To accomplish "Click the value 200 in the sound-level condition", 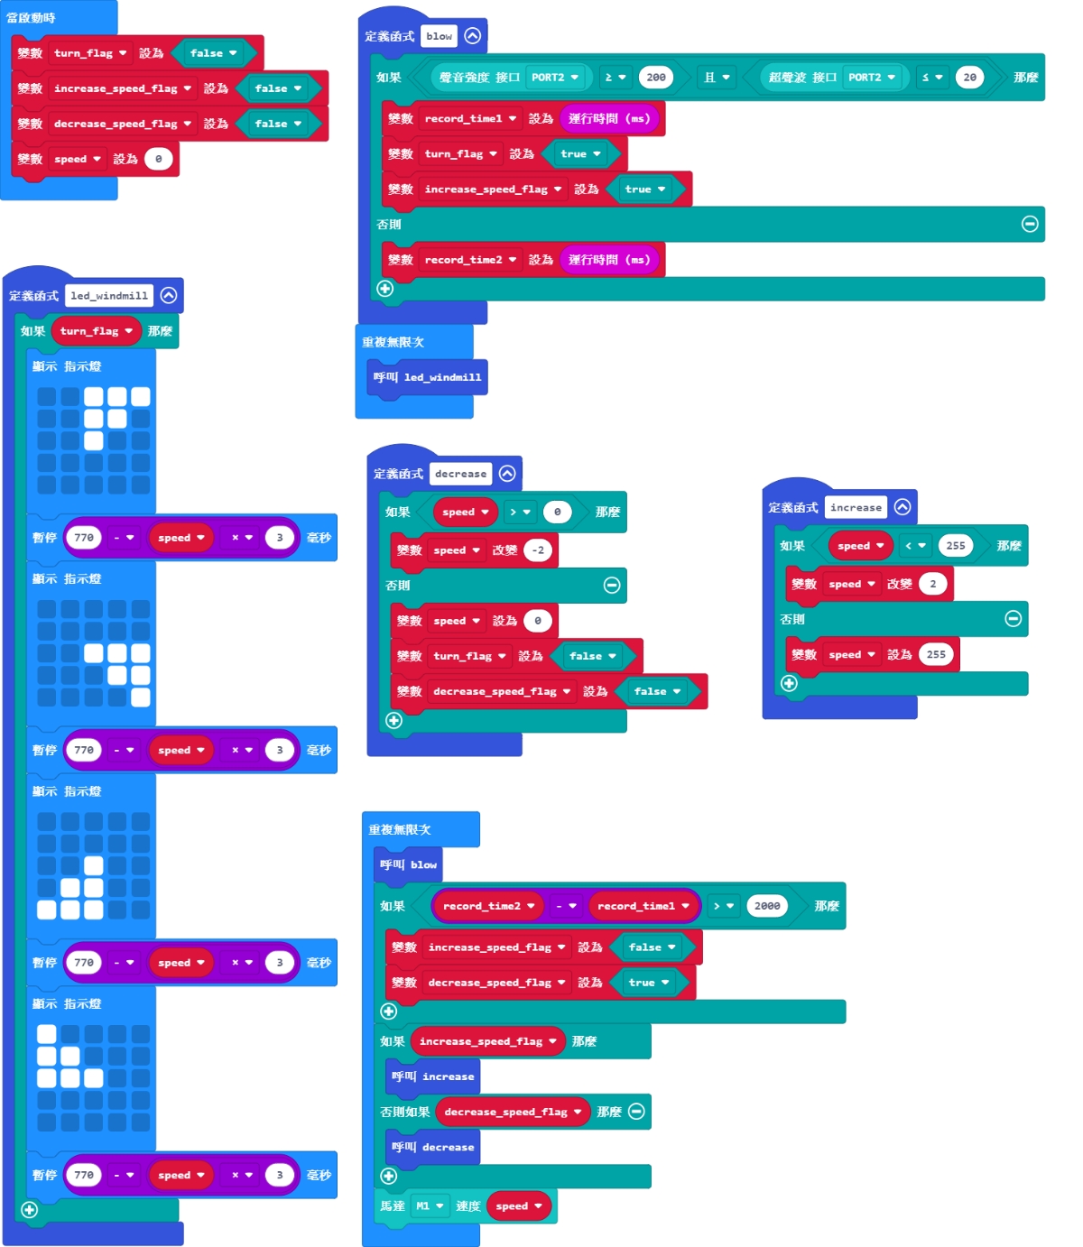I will [656, 78].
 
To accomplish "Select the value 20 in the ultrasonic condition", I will [969, 78].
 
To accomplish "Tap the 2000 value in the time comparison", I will [767, 906].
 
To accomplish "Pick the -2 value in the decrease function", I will [538, 550].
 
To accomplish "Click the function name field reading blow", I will [440, 36].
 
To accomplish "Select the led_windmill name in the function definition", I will [109, 295].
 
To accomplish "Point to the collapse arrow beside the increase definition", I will [902, 507].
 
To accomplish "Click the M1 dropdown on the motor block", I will [430, 1205].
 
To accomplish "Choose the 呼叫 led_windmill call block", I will [428, 377].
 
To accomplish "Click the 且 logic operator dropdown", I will [717, 78].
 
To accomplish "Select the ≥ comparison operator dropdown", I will [615, 78].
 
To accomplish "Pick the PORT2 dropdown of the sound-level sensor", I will [554, 78].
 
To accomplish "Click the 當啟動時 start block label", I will [31, 18].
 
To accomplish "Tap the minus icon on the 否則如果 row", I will [636, 1112].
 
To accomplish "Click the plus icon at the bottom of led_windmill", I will [29, 1210].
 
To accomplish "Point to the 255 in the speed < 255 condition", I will [956, 546].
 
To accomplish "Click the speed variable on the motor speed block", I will [518, 1205].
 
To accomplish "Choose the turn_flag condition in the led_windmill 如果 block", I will [96, 331].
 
